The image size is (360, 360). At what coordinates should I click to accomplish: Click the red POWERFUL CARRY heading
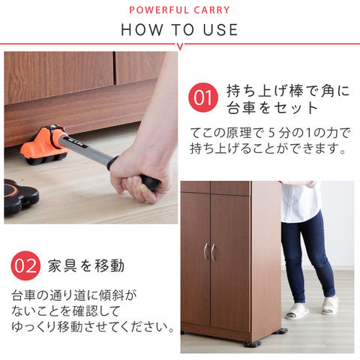(179, 10)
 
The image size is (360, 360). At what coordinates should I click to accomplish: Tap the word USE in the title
(220, 30)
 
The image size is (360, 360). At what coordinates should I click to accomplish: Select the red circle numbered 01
(203, 97)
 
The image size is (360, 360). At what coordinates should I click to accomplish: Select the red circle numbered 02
(25, 265)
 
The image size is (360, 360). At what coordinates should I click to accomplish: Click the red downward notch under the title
(180, 46)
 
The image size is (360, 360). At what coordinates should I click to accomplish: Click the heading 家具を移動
(86, 265)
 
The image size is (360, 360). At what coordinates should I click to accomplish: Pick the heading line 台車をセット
(272, 108)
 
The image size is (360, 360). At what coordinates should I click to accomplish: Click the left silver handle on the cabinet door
(206, 251)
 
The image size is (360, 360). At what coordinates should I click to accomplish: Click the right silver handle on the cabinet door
(213, 253)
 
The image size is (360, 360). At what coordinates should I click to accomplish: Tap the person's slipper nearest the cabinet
(296, 311)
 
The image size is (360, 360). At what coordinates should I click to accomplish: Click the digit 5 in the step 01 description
(271, 133)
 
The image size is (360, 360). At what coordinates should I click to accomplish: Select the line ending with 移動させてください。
(92, 327)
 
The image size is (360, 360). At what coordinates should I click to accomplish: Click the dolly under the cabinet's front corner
(251, 343)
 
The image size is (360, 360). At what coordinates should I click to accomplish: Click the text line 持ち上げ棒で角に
(288, 91)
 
